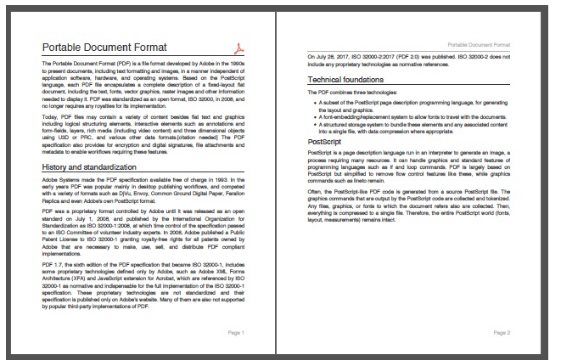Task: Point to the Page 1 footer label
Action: point(236,332)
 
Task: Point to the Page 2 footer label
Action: point(502,332)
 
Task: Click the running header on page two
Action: point(480,41)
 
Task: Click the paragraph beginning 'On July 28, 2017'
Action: point(408,59)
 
